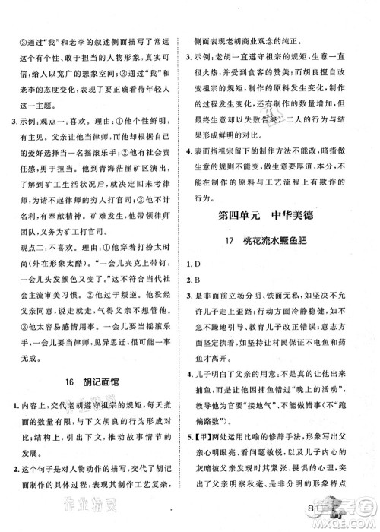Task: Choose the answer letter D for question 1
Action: coord(207,288)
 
